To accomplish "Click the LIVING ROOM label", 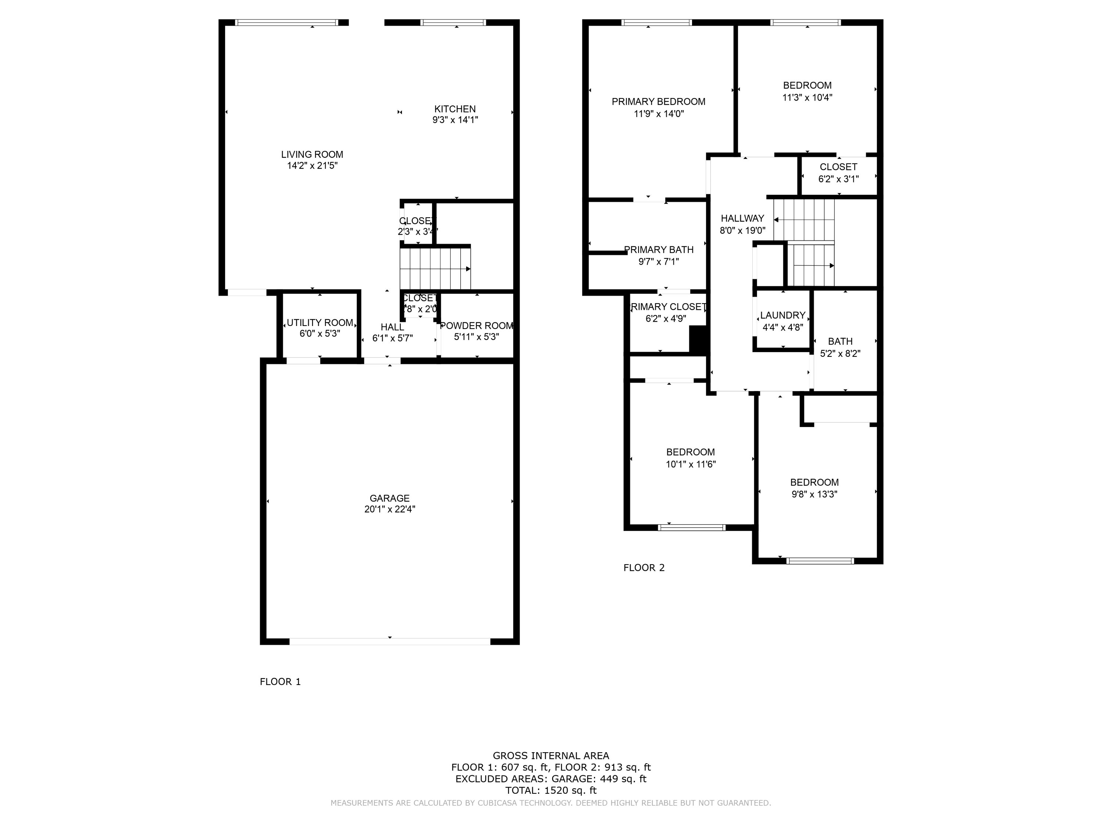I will pyautogui.click(x=312, y=154).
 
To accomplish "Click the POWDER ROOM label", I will pyautogui.click(x=476, y=326).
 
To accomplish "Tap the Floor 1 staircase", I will pyautogui.click(x=435, y=269).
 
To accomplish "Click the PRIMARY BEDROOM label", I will pyautogui.click(x=658, y=102).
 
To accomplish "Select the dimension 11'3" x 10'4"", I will pyautogui.click(x=807, y=98).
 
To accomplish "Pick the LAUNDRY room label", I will pyautogui.click(x=782, y=315).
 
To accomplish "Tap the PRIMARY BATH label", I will pyautogui.click(x=658, y=249).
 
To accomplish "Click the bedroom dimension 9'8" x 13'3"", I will pyautogui.click(x=814, y=494).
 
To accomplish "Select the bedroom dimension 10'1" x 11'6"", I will pyautogui.click(x=691, y=464).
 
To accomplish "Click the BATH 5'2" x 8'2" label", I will pyautogui.click(x=840, y=347).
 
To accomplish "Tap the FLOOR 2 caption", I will pyautogui.click(x=644, y=568).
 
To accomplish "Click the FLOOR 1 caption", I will pyautogui.click(x=280, y=682).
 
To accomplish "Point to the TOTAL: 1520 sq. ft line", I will pyautogui.click(x=551, y=790).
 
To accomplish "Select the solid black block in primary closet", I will pyautogui.click(x=698, y=340).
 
